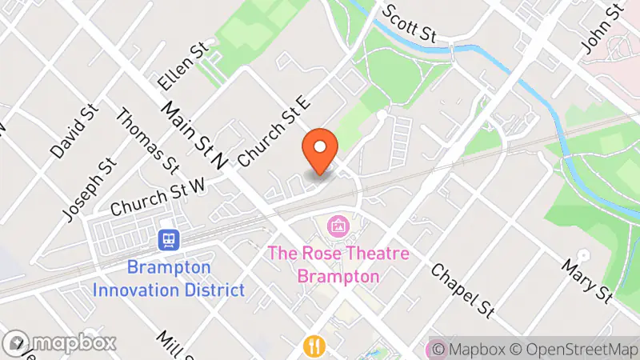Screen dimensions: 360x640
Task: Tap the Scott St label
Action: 410,23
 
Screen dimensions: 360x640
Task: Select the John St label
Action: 602,30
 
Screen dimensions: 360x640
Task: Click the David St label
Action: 73,130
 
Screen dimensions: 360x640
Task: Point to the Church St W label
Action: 158,195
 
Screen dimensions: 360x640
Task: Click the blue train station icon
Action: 169,239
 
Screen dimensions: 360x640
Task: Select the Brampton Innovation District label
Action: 169,278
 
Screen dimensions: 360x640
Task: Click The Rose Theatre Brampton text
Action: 338,265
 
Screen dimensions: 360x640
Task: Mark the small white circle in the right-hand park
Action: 583,255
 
